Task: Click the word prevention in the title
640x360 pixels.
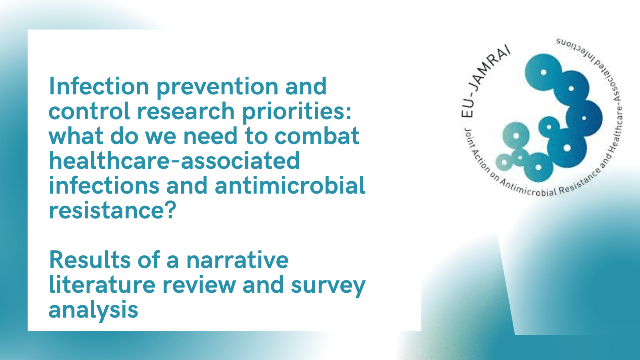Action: (218, 87)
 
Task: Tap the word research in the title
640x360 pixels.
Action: (186, 111)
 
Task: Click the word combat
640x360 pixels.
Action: (317, 136)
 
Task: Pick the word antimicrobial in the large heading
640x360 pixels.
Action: (290, 185)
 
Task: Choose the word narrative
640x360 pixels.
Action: (238, 260)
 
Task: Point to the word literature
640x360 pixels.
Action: (102, 284)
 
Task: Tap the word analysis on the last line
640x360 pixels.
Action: (94, 310)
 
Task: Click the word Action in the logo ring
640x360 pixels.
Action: (480, 161)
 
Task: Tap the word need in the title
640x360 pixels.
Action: (210, 136)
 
